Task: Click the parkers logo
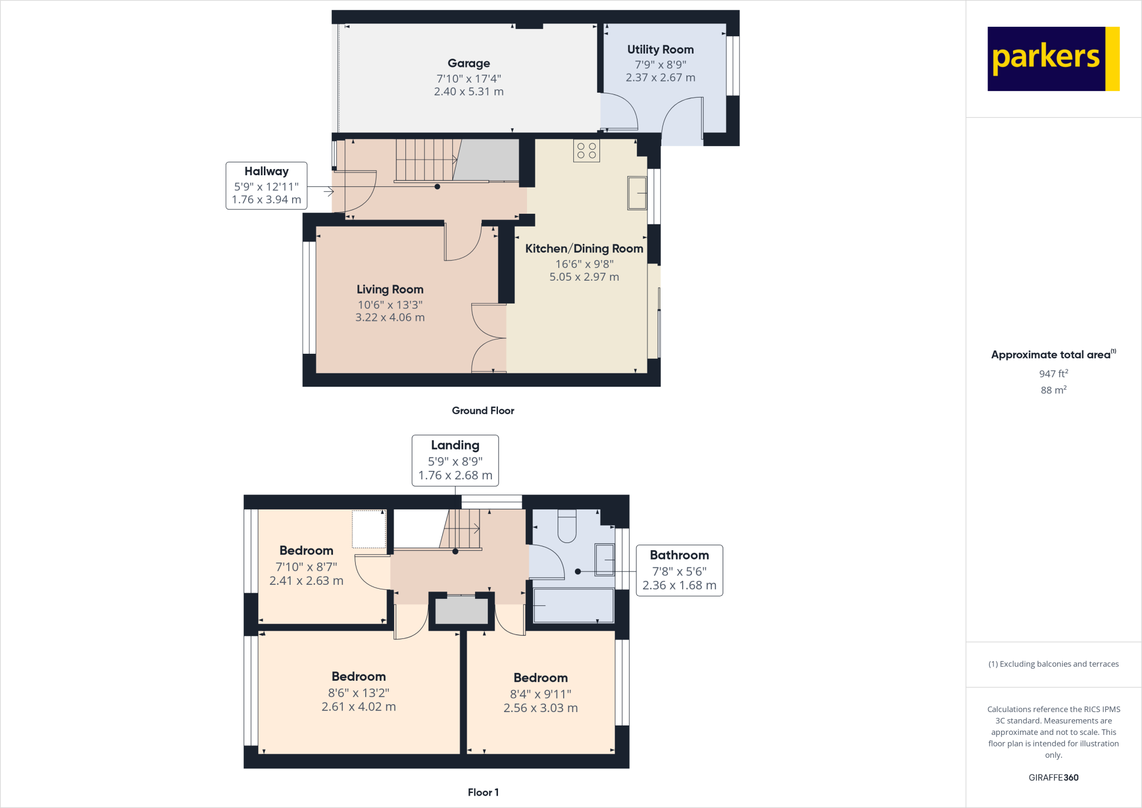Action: click(x=1053, y=59)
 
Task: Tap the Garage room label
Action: click(x=468, y=64)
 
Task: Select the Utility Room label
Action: click(x=660, y=50)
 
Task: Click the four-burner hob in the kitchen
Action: click(x=586, y=151)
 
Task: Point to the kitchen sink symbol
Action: click(x=637, y=193)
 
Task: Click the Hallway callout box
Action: click(x=266, y=186)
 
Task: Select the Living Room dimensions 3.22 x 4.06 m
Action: click(x=390, y=318)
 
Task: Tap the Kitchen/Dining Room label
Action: click(x=584, y=249)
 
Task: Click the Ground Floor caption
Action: click(x=482, y=411)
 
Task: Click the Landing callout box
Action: click(x=455, y=460)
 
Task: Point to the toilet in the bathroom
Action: click(x=567, y=526)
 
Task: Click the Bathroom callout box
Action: click(x=679, y=570)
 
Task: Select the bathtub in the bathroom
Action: click(x=573, y=605)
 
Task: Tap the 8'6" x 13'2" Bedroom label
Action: click(x=359, y=677)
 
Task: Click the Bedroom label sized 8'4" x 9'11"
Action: click(x=540, y=678)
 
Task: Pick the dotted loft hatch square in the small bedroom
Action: click(x=369, y=529)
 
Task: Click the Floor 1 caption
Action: click(x=483, y=792)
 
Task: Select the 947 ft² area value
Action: click(x=1053, y=374)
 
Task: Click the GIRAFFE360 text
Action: click(x=1053, y=777)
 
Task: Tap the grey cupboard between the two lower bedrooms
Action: click(x=461, y=610)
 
